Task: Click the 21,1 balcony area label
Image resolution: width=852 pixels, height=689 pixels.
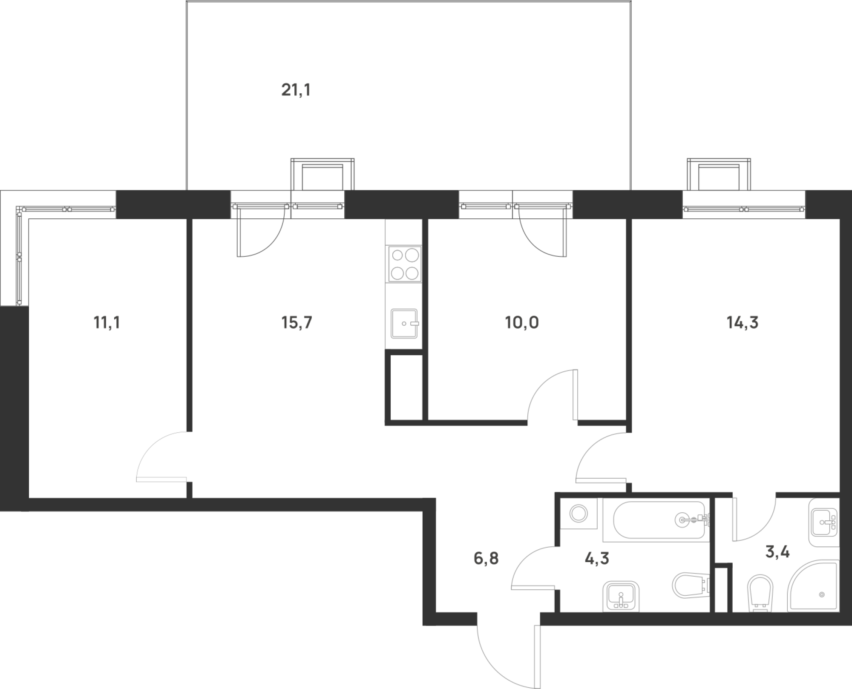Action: (x=296, y=90)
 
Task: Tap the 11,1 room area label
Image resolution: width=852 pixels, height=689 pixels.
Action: (x=106, y=323)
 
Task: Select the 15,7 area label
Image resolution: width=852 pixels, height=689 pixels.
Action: (x=296, y=323)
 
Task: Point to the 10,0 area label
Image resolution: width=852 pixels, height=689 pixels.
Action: (x=522, y=323)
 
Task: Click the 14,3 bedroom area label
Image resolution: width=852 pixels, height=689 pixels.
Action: (x=743, y=323)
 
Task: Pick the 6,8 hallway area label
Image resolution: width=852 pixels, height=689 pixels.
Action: (x=486, y=558)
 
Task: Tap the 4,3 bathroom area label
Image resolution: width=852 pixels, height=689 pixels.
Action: (x=597, y=558)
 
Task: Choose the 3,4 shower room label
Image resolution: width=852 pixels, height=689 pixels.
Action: (x=777, y=552)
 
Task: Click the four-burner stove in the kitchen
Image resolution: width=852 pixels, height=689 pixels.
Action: (x=404, y=264)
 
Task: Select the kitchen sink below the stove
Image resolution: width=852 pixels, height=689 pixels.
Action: (x=404, y=324)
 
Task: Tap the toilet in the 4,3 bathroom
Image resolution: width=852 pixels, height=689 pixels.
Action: (x=691, y=586)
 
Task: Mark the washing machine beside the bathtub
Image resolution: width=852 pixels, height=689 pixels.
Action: (x=579, y=513)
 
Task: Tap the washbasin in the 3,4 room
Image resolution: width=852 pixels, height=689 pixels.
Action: (x=824, y=522)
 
